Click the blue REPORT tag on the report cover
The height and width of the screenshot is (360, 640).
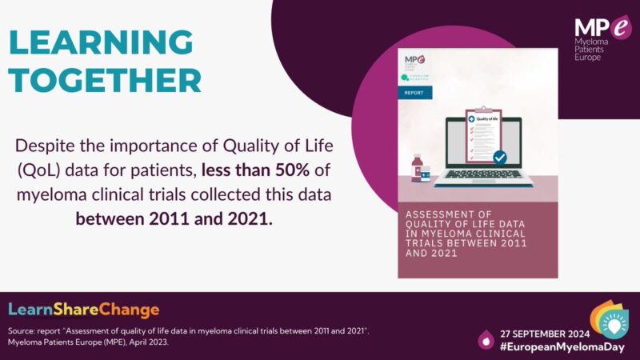point(414,92)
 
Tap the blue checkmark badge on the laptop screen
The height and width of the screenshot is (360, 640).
point(500,158)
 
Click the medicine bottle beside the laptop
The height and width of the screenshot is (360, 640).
point(418,170)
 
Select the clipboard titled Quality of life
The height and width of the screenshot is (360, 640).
point(482,136)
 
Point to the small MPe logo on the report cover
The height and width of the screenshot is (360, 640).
point(414,60)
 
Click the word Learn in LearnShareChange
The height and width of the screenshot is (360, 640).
point(30,310)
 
